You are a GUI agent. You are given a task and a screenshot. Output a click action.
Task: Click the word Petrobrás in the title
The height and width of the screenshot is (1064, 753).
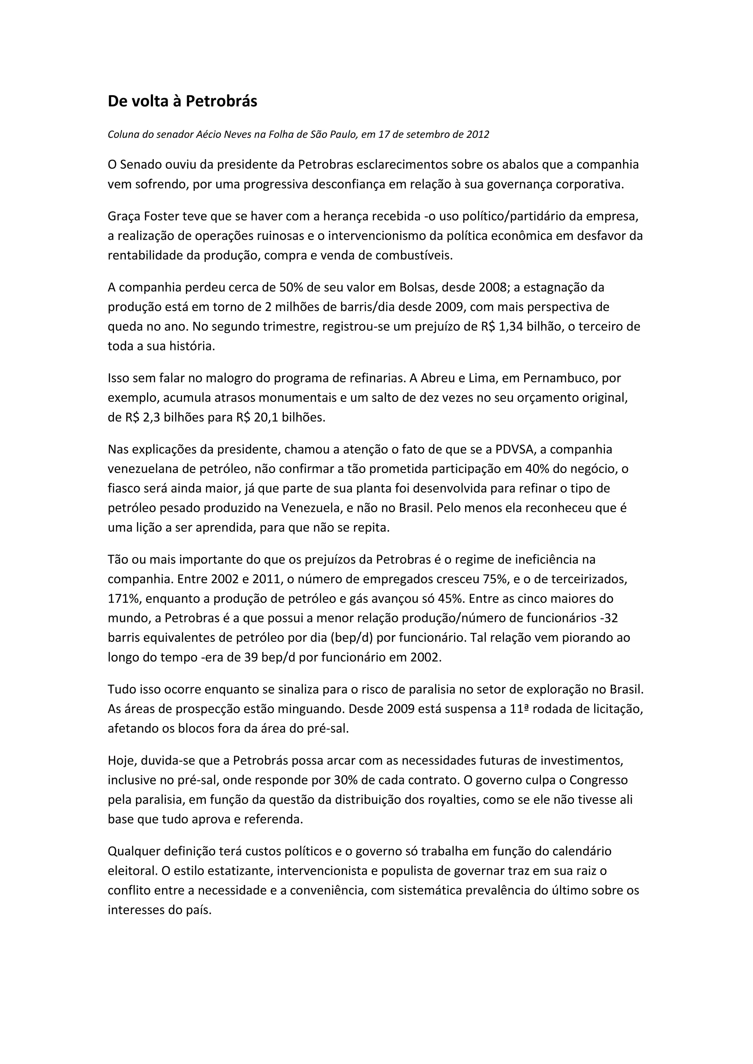221,101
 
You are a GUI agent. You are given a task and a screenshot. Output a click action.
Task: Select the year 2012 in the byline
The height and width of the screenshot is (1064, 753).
478,134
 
